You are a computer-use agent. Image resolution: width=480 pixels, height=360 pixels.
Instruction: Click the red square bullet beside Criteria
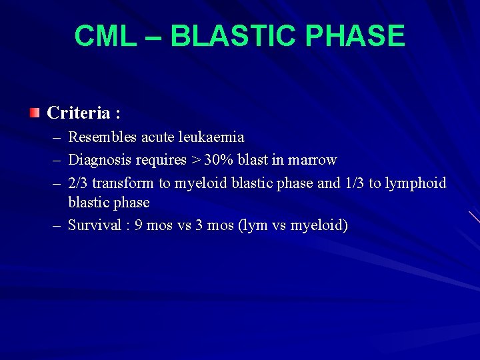click(35, 113)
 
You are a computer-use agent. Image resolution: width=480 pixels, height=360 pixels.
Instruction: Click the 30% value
click(219, 160)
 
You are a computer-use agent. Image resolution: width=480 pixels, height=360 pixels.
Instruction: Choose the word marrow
click(312, 160)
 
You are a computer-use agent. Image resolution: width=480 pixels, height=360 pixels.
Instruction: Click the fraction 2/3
click(79, 183)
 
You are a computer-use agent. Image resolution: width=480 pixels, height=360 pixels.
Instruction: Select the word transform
click(123, 183)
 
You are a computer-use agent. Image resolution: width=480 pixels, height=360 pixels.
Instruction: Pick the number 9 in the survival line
click(139, 225)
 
